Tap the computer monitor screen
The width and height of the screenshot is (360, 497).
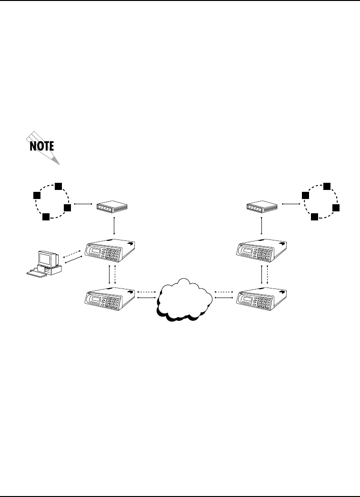coord(46,259)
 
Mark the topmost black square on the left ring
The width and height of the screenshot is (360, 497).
coord(58,185)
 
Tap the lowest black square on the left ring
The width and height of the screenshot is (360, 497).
coord(45,217)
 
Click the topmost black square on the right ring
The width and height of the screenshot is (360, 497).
coord(327,185)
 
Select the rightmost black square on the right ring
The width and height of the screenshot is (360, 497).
coord(336,208)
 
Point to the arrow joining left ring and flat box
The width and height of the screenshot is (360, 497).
coord(82,204)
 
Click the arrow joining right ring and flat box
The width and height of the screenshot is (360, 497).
coord(291,204)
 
